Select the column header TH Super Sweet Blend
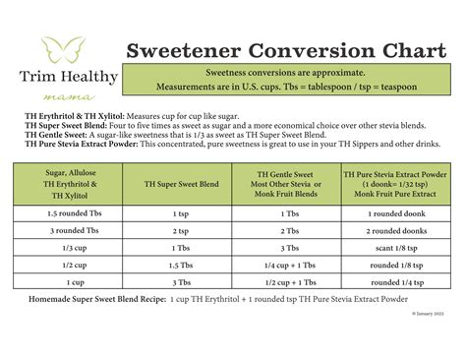[x=180, y=184]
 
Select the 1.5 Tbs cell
[x=180, y=266]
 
